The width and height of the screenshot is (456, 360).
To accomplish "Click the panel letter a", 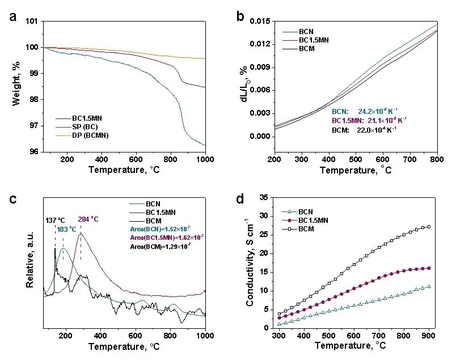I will [x=13, y=16].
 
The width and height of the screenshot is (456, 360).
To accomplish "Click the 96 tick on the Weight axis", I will [x=35, y=151].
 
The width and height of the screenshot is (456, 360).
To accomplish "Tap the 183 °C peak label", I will [x=67, y=229].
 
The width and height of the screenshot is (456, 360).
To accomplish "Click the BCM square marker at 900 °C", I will [x=429, y=227].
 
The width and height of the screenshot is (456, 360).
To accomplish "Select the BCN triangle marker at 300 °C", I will [x=278, y=324].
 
